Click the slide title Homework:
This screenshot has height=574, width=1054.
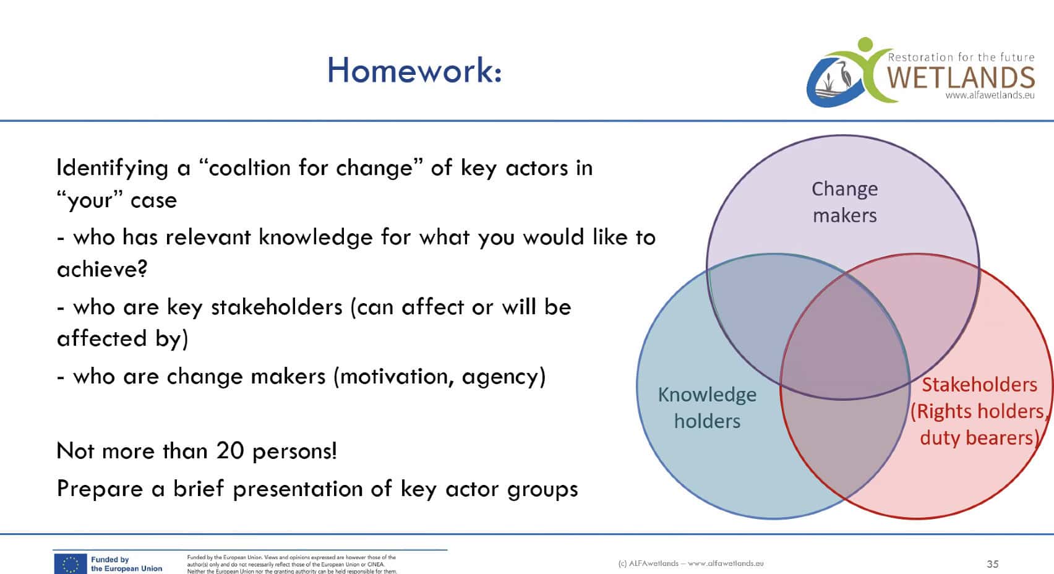414,71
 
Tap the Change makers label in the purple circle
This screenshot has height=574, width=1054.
844,202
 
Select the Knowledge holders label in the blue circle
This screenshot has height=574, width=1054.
707,408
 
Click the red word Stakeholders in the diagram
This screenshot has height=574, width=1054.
979,385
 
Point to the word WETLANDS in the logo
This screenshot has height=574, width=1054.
961,78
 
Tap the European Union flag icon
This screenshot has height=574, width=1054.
70,563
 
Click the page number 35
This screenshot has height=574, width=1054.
992,563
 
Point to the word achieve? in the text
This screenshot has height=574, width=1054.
102,269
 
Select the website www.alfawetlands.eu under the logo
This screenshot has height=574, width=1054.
990,95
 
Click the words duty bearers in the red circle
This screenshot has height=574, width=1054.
979,438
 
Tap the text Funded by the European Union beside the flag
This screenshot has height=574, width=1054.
126,563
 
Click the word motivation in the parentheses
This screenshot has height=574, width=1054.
396,377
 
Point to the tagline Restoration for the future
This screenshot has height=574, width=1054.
961,58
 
